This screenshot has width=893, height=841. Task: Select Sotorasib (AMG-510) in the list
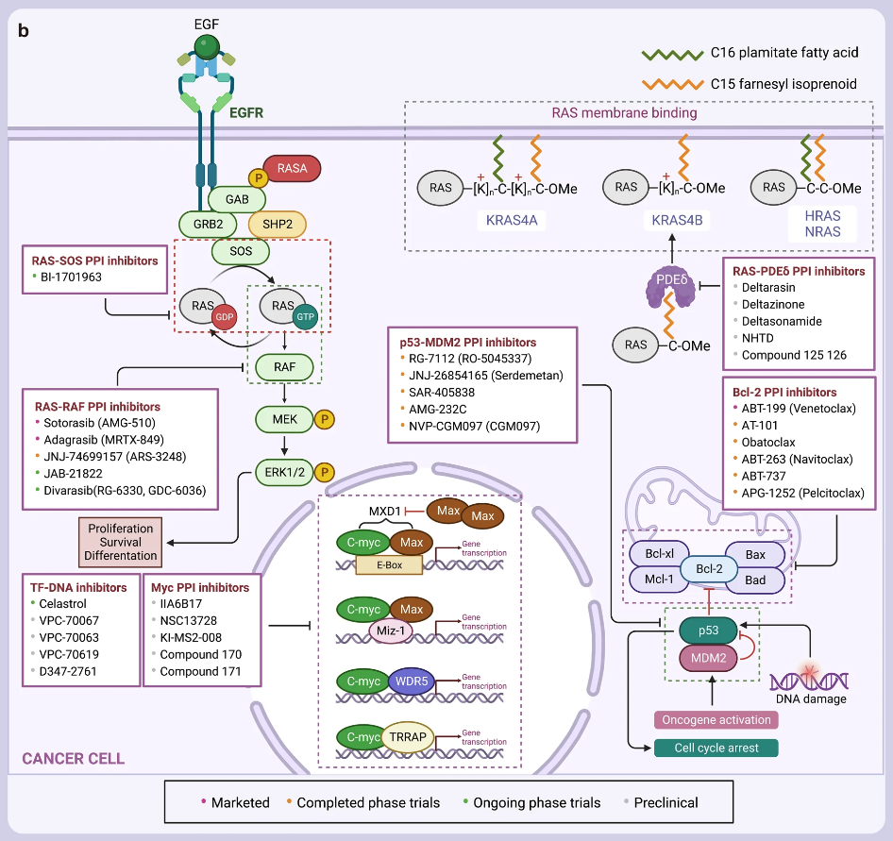coord(99,422)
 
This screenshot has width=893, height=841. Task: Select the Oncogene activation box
coord(714,719)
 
